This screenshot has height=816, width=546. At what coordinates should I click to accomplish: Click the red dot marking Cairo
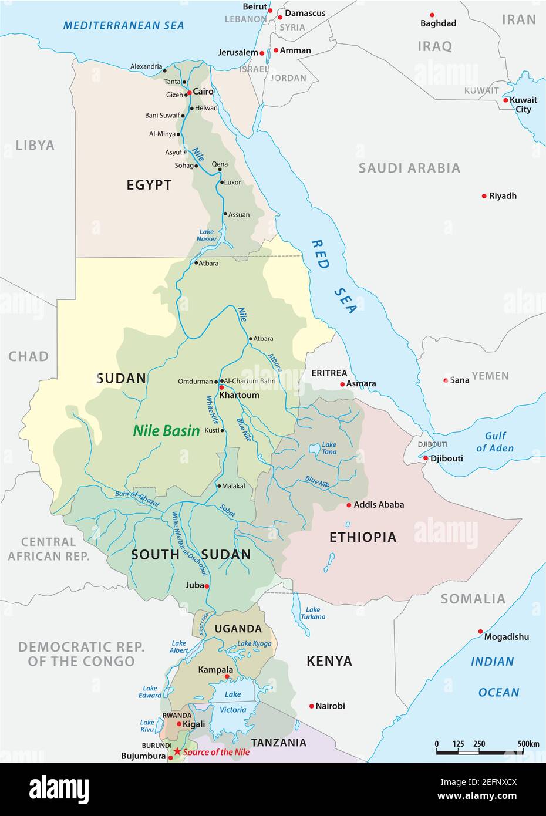(x=189, y=92)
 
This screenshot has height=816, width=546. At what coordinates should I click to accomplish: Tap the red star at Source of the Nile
(x=177, y=751)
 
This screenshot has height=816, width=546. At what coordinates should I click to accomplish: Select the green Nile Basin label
(x=166, y=430)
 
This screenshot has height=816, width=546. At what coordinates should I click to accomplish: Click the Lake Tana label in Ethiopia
(x=329, y=449)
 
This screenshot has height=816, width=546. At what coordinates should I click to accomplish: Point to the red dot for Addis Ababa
(x=349, y=505)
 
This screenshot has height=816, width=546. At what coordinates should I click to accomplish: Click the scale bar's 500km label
(x=528, y=744)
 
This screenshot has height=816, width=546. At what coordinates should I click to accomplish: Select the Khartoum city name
(x=239, y=395)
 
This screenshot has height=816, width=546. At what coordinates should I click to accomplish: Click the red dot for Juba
(x=207, y=586)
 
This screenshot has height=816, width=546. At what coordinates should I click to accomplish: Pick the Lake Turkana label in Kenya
(x=312, y=613)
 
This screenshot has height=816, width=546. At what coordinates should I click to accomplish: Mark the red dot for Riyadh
(x=484, y=196)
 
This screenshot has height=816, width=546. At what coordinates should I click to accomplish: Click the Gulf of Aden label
(x=494, y=441)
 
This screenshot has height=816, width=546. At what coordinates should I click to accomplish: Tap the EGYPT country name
(x=149, y=185)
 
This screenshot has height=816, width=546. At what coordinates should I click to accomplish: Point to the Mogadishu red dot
(x=480, y=632)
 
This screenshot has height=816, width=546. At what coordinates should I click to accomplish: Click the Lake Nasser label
(x=207, y=235)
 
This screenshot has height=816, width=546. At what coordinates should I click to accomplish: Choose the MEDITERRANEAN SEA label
(x=123, y=25)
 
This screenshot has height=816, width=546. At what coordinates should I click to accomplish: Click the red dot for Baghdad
(x=432, y=15)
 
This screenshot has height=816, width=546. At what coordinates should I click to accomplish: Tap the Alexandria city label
(x=146, y=66)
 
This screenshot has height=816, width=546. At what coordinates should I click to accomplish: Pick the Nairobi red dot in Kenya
(x=311, y=706)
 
